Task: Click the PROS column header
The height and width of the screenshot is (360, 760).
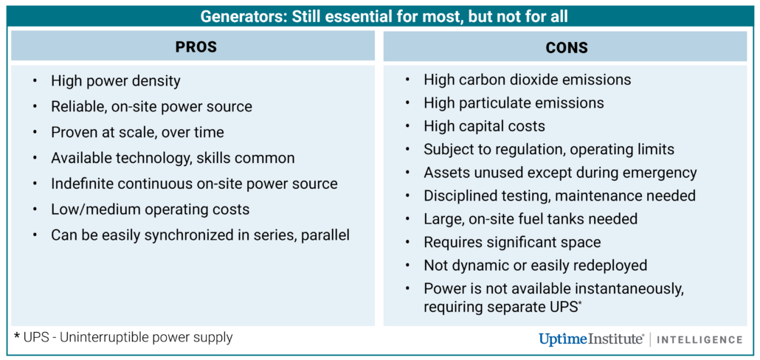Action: pos(196,46)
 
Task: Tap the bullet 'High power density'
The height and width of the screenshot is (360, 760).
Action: pos(115,81)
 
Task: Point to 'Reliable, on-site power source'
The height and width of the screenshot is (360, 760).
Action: pos(151,106)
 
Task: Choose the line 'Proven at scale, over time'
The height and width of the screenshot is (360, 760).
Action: pos(137,132)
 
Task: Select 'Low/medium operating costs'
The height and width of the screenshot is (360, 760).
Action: pos(150,210)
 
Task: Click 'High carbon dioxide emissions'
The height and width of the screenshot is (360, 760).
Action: pos(528,79)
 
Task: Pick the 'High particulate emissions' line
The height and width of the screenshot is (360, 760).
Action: pos(514,103)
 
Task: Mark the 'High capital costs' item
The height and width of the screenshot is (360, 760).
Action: pos(484,126)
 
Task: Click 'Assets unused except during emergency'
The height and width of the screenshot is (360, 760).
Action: pos(560,173)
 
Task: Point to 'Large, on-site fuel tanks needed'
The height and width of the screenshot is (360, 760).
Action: pos(531,218)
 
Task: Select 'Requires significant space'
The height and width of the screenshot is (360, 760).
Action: pos(512,242)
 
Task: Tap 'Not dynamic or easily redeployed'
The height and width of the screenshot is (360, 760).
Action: pos(536,265)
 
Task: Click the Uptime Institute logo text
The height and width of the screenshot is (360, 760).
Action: pos(591,339)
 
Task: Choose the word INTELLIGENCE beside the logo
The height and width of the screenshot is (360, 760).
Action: pos(699,339)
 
